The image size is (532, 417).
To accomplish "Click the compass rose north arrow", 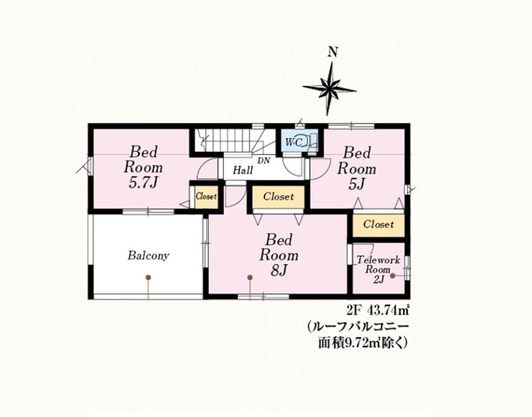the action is coord(329,89).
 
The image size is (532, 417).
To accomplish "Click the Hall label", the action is coord(243,170).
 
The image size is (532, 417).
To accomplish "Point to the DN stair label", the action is coord(263,161).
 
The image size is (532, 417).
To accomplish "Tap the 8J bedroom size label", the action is coord(279,270).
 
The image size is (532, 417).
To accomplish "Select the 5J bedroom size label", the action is coord(356,184).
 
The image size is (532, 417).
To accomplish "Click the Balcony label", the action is coord(148,256).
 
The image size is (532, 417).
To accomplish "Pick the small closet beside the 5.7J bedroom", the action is coord(206,197).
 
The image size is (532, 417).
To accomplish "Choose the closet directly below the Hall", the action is coord(279,197).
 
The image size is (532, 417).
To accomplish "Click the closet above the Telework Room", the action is coord(378,224).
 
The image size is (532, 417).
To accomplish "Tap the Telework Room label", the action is coord(378,270).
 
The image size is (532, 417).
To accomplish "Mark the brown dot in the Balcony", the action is coord(148,278).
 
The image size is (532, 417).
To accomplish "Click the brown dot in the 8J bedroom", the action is coord(250,278).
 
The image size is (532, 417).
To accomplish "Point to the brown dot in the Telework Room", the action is coord(392,276).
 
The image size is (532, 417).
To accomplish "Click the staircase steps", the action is coord(225,141).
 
